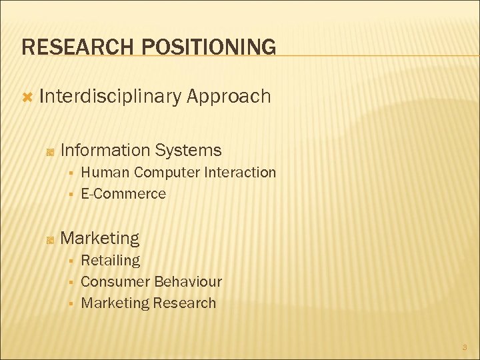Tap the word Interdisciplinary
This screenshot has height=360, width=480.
point(110,97)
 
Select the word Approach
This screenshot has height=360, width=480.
point(229,97)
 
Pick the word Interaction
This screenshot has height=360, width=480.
point(240,173)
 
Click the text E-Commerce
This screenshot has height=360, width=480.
point(123,194)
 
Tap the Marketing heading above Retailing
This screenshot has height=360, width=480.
point(100,238)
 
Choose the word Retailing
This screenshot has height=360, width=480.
point(110,260)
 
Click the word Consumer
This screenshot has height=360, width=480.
point(115,282)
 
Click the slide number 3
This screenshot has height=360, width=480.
point(464,347)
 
